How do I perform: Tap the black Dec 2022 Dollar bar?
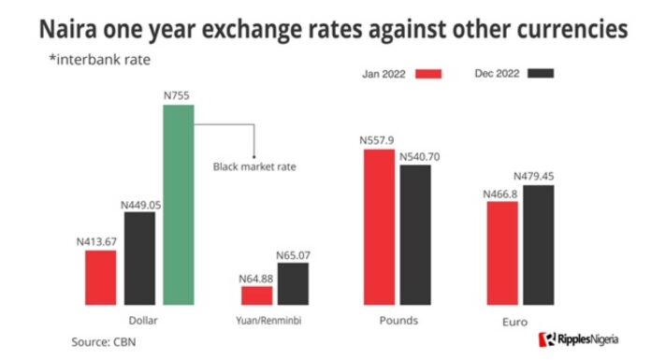coord(139,257)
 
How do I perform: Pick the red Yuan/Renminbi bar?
coord(257,295)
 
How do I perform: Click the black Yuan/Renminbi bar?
coord(293,283)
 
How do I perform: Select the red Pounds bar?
coord(379,225)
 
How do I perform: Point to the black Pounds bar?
coord(415,234)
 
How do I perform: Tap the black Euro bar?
coord(538,244)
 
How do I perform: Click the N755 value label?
coord(178,95)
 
